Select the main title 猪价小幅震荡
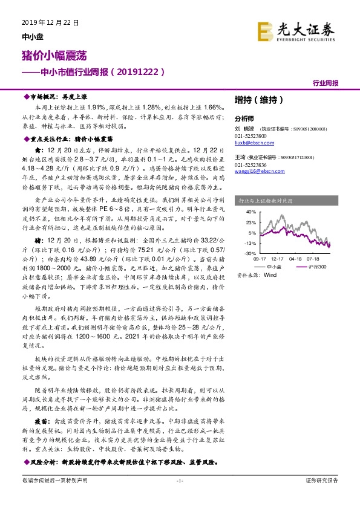50,55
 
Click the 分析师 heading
244,118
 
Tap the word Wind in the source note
269,274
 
